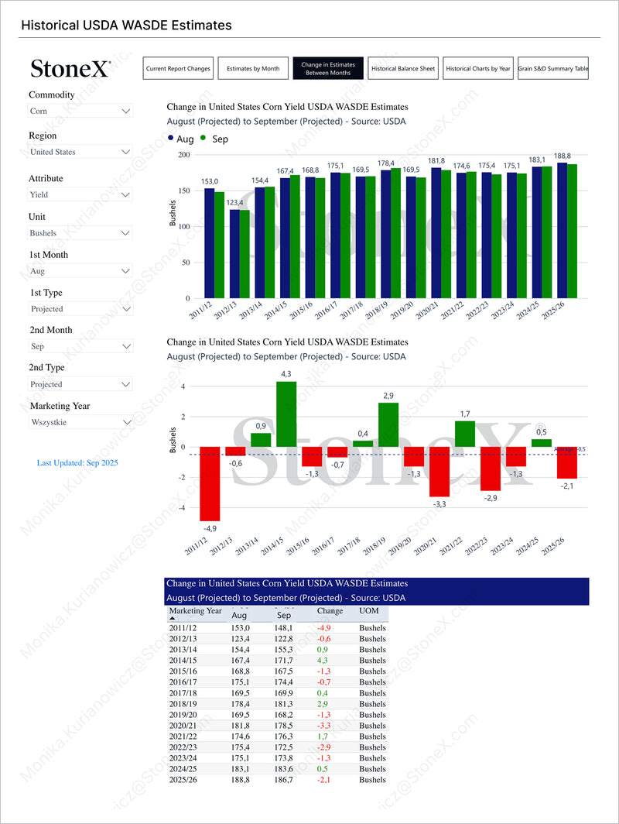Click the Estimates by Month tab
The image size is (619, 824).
coord(253,68)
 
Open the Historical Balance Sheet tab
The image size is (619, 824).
coord(403,68)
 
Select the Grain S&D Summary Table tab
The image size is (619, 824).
coord(553,68)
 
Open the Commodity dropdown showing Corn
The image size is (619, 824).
coord(80,112)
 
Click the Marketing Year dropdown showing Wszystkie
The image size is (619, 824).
coord(80,422)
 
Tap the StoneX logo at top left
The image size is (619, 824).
coord(70,69)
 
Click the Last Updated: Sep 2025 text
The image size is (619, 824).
coord(77,463)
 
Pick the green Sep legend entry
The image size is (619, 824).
coord(214,139)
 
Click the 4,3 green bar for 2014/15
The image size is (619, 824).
coord(286,414)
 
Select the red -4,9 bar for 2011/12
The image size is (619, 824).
coord(210,483)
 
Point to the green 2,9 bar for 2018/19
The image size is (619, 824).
coord(388,424)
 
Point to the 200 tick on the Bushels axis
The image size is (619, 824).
coord(183,155)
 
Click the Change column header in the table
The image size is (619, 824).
coord(330,612)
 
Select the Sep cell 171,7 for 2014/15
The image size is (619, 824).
coord(282,661)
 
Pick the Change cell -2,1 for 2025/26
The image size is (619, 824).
coord(324,780)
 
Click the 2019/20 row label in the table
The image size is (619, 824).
coord(183,715)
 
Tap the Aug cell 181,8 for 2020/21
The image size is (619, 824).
coord(241,726)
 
